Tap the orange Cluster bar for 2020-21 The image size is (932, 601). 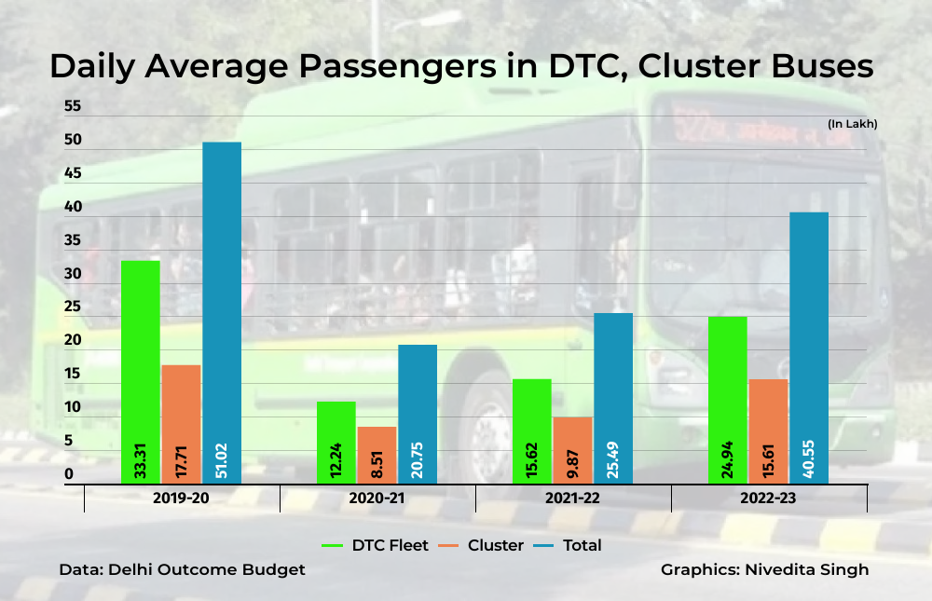pyautogui.click(x=377, y=455)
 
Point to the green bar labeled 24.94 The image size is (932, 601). pyautogui.click(x=727, y=400)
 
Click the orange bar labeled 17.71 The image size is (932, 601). pyautogui.click(x=181, y=424)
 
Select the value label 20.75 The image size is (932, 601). pyautogui.click(x=418, y=460)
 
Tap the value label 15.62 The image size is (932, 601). pyautogui.click(x=531, y=460)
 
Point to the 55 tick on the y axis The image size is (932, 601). pyautogui.click(x=72, y=107)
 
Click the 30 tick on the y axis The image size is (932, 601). pyautogui.click(x=72, y=274)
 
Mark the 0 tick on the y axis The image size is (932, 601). pyautogui.click(x=68, y=474)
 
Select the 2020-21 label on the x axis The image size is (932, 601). pyautogui.click(x=377, y=499)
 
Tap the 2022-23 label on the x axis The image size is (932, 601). pyautogui.click(x=768, y=499)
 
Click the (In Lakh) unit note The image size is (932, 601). pyautogui.click(x=852, y=124)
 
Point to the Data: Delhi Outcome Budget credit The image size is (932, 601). pyautogui.click(x=182, y=569)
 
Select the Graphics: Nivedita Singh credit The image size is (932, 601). pyautogui.click(x=764, y=569)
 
